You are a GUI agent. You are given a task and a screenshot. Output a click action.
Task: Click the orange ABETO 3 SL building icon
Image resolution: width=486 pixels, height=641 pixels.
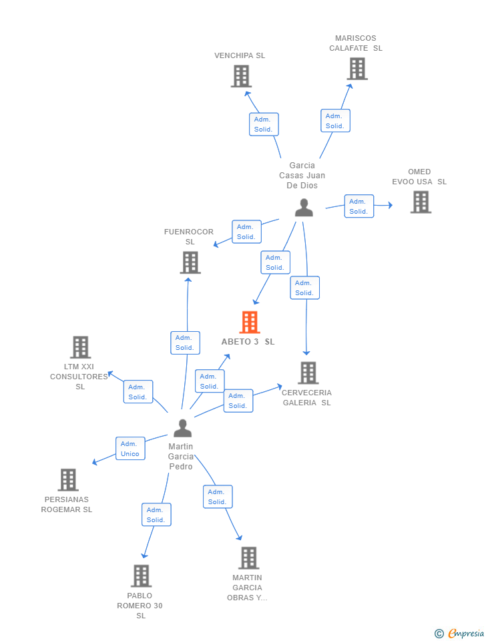pyautogui.click(x=250, y=323)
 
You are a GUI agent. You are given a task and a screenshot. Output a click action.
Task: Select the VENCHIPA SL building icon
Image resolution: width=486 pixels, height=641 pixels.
pyautogui.click(x=241, y=76)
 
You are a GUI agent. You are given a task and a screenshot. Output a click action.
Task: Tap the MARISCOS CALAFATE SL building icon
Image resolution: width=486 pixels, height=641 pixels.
pyautogui.click(x=357, y=69)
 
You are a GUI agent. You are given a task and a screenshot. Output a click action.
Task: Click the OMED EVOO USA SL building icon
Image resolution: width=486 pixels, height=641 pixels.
pyautogui.click(x=421, y=202)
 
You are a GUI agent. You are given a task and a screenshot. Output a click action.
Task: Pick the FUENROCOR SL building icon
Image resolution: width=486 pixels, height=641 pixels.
pyautogui.click(x=190, y=262)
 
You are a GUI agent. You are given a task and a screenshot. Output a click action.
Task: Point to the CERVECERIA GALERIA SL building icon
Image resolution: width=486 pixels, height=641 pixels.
pyautogui.click(x=308, y=373)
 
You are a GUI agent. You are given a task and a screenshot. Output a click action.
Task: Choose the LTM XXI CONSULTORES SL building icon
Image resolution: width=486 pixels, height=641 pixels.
pyautogui.click(x=81, y=347)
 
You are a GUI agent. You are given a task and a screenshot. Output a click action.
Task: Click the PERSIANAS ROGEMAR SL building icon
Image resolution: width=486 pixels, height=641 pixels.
pyautogui.click(x=68, y=479)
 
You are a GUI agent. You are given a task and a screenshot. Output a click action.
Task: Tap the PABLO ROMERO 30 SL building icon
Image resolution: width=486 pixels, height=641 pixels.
pyautogui.click(x=141, y=576)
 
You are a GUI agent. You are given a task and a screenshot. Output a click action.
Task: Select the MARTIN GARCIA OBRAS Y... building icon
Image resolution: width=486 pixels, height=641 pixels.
pyautogui.click(x=248, y=558)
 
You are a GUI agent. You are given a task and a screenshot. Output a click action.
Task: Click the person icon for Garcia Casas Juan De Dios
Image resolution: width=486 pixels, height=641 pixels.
pyautogui.click(x=304, y=208)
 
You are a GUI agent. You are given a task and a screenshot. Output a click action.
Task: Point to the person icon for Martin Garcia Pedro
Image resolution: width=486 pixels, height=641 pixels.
pyautogui.click(x=182, y=428)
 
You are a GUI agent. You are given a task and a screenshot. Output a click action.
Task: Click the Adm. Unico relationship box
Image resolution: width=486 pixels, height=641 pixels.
pyautogui.click(x=130, y=449)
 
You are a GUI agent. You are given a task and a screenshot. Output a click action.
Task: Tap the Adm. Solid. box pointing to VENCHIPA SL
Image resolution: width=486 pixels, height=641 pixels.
pyautogui.click(x=264, y=124)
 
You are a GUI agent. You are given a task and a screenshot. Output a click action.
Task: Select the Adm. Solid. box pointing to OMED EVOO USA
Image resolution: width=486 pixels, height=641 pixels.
pyautogui.click(x=358, y=206)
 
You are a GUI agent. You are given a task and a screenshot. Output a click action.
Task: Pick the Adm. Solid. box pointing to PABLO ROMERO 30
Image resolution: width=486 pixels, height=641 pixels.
pyautogui.click(x=156, y=515)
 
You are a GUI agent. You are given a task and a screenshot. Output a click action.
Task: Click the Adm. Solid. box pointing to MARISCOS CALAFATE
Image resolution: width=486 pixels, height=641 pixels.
pyautogui.click(x=335, y=121)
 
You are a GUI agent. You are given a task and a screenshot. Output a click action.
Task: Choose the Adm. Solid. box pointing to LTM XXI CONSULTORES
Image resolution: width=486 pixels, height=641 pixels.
pyautogui.click(x=138, y=392)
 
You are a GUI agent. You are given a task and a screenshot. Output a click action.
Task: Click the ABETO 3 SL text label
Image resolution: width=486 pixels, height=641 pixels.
pyautogui.click(x=248, y=342)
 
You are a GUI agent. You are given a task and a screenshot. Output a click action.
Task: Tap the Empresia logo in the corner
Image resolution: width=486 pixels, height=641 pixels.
pyautogui.click(x=460, y=633)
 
